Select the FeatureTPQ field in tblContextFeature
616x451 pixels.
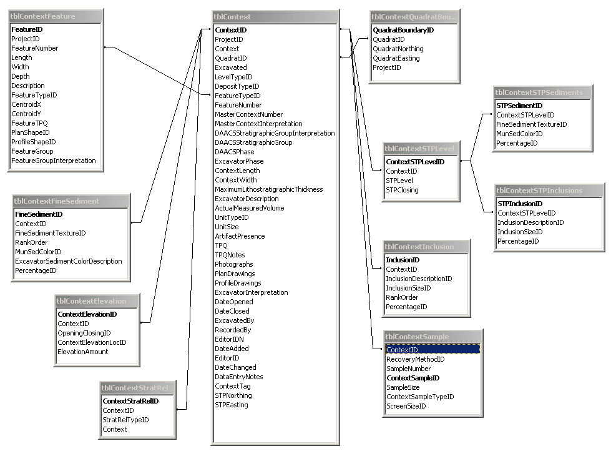pos(28,123)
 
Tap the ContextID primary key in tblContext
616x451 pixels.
pos(231,30)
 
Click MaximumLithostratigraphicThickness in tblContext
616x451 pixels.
pos(268,189)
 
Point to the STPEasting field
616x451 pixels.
pos(232,405)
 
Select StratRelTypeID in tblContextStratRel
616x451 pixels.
pos(125,420)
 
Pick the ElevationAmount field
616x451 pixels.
pos(83,352)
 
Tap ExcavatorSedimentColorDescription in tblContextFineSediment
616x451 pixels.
pos(69,261)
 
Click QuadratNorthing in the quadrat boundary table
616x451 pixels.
pos(398,49)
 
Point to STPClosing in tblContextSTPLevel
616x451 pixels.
pos(402,190)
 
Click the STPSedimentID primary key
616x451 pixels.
pos(519,106)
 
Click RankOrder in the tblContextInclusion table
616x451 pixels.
pos(402,297)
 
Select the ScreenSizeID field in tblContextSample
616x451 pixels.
pos(406,406)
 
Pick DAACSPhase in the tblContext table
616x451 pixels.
pos(235,152)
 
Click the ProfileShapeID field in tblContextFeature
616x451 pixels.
pos(32,142)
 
